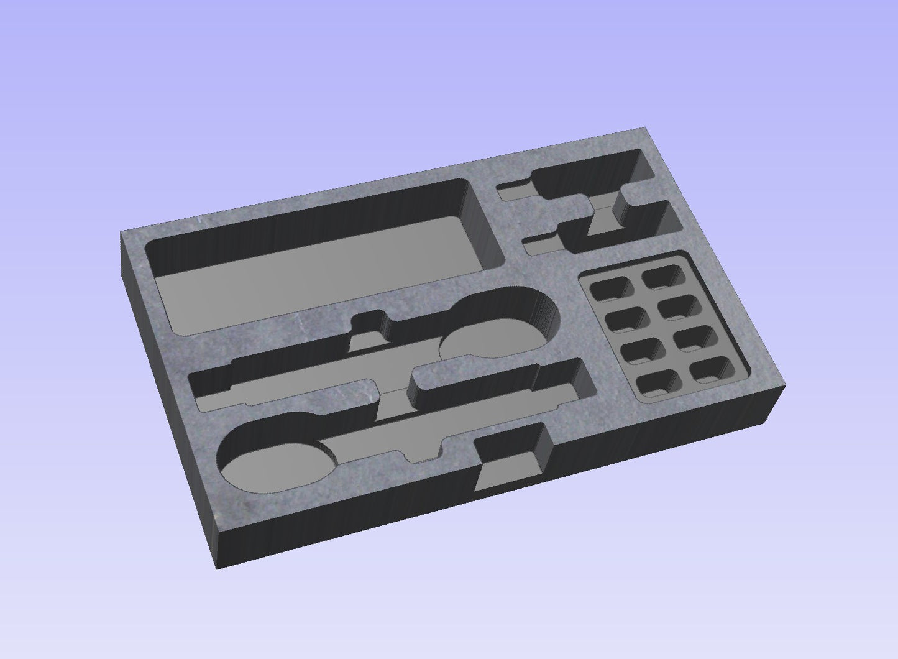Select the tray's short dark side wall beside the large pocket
click(x=168, y=398)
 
